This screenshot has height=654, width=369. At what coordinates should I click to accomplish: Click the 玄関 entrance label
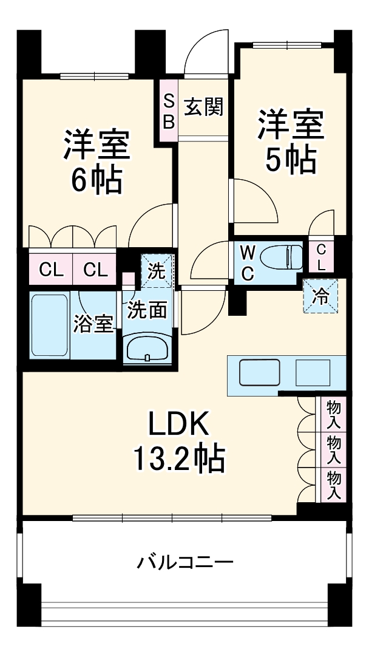(204, 107)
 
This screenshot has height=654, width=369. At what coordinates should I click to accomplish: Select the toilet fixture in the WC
(285, 256)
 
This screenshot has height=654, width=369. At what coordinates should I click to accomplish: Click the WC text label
(248, 262)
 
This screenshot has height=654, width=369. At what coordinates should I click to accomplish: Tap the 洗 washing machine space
(157, 271)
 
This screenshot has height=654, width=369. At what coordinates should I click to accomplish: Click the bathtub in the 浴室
(50, 326)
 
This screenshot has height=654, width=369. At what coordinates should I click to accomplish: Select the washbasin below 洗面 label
(147, 349)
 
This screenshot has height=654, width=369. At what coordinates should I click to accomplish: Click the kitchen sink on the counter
(259, 372)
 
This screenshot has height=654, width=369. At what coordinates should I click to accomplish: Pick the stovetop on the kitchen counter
(313, 372)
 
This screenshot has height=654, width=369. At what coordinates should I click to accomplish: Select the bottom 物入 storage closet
(333, 485)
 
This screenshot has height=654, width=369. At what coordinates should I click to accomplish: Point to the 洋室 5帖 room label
(290, 141)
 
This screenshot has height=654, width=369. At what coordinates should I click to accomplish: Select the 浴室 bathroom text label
(93, 324)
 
